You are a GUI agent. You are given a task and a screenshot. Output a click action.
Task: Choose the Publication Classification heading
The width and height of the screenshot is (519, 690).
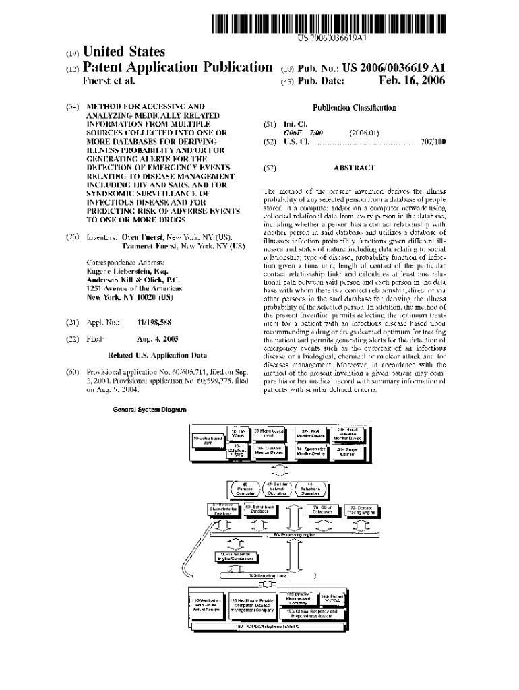tap(354, 107)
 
